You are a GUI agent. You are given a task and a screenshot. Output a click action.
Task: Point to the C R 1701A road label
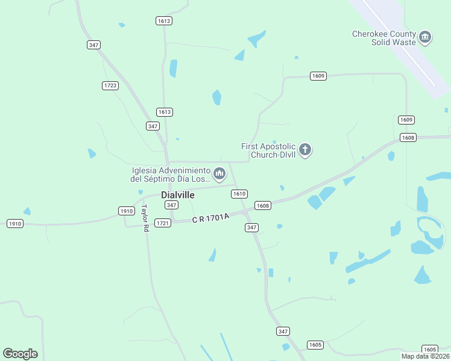211,219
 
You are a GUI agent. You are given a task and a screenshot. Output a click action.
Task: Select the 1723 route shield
110,85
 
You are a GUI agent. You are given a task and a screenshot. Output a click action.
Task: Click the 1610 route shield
239,194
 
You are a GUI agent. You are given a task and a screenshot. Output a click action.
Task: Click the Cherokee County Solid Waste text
385,38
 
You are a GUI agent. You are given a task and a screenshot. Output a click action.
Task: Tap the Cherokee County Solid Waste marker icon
426,37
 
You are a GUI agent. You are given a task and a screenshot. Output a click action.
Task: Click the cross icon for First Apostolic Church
305,149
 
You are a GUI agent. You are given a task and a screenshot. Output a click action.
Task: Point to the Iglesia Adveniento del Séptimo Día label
171,174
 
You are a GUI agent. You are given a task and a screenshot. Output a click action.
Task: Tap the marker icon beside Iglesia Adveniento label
220,174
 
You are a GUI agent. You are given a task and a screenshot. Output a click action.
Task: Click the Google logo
20,353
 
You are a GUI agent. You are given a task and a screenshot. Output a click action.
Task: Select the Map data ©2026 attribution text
425,356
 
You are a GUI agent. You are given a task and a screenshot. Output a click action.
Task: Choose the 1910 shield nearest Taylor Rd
126,211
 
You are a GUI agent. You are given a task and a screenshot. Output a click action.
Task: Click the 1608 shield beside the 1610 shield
262,205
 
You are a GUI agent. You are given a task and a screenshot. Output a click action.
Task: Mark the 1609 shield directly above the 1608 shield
406,120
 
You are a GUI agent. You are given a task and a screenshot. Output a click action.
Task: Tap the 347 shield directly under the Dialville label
171,205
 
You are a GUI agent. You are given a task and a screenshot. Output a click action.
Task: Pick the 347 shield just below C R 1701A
252,227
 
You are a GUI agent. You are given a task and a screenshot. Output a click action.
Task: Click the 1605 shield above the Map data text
429,349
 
